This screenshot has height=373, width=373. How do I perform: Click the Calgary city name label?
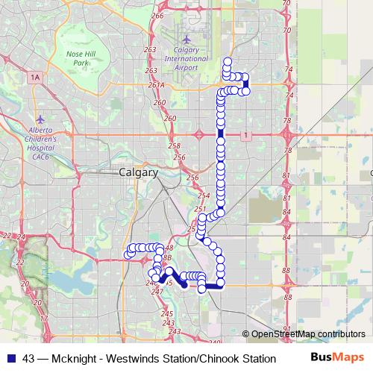(138, 172)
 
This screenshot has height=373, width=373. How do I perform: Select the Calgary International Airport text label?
(181, 59)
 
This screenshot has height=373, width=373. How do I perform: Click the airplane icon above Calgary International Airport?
(186, 39)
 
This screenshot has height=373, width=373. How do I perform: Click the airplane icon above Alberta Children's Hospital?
(40, 119)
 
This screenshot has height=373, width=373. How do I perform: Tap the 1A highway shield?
(35, 77)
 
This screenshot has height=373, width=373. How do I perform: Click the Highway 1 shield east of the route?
(244, 134)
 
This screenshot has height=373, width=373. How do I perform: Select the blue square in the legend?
(9, 358)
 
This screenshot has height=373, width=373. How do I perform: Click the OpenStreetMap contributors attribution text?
(308, 334)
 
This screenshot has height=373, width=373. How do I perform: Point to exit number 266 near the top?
(157, 16)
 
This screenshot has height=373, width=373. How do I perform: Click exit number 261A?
(156, 85)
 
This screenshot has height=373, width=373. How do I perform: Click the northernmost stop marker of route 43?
(227, 61)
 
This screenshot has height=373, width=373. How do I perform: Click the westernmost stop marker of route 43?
(128, 254)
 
